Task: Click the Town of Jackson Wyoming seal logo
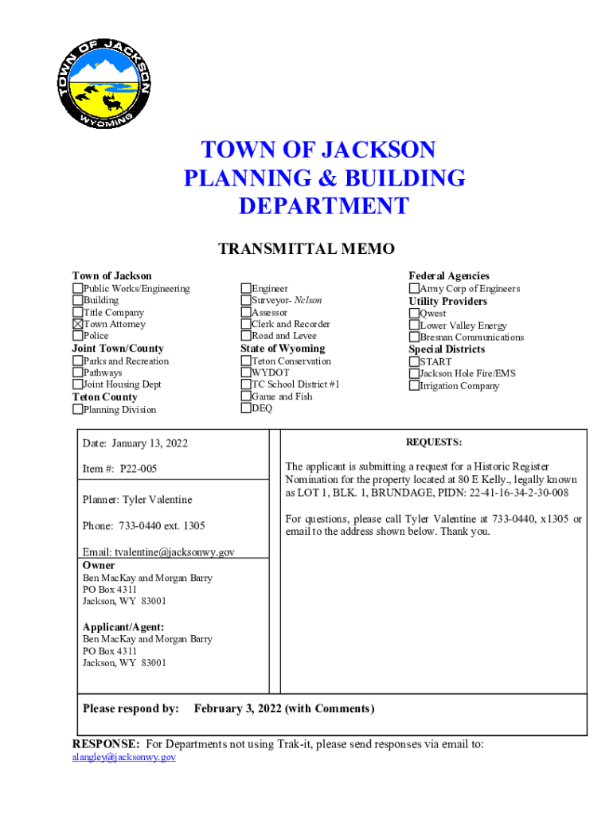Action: click(103, 82)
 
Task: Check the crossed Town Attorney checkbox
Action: click(78, 324)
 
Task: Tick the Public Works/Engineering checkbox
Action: click(78, 289)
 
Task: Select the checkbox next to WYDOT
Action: click(246, 372)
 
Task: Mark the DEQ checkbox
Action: click(246, 408)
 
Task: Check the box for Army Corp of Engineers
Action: click(414, 289)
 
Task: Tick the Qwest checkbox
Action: click(414, 314)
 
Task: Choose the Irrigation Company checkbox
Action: click(414, 386)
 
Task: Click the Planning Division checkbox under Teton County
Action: click(78, 410)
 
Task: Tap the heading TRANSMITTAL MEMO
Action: click(306, 249)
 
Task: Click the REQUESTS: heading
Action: click(434, 443)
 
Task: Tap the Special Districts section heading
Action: click(447, 349)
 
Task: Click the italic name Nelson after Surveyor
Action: click(308, 301)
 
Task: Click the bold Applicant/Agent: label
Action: click(123, 627)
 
